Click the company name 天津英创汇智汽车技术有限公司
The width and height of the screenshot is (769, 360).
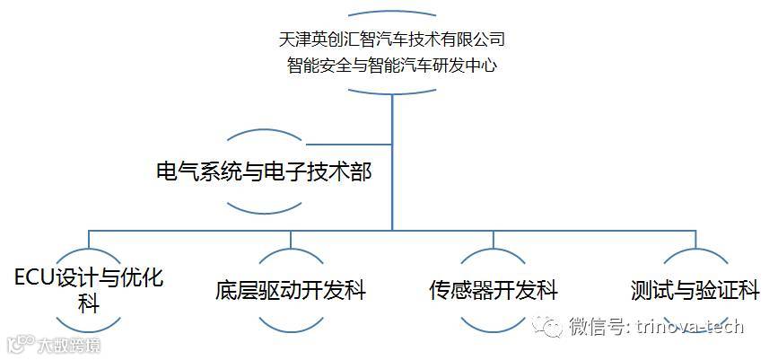tap(392, 39)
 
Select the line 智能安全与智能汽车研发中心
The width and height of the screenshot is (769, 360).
tap(392, 65)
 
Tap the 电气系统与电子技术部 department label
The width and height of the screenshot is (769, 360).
tap(263, 171)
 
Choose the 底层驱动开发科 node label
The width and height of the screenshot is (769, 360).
tap(291, 291)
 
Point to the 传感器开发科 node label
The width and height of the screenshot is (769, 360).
tap(493, 291)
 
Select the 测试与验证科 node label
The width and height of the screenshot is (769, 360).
tap(695, 291)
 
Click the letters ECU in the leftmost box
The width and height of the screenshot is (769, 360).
tap(34, 277)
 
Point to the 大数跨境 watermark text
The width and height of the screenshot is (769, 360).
tap(68, 345)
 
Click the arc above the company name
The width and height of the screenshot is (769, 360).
tap(392, 13)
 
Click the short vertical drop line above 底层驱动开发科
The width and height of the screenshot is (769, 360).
tap(291, 239)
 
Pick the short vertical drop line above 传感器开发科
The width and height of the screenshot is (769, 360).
tap(493, 239)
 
